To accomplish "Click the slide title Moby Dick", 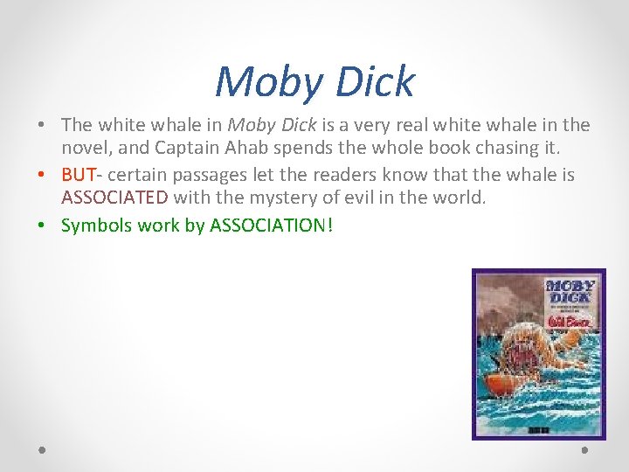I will pyautogui.click(x=314, y=82).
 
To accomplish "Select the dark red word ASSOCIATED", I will pyautogui.click(x=114, y=198).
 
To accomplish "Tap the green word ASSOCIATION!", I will pyautogui.click(x=272, y=225).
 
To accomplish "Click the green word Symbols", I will pyautogui.click(x=96, y=225).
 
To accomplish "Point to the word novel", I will pyautogui.click(x=86, y=148).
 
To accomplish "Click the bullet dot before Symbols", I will pyautogui.click(x=42, y=226).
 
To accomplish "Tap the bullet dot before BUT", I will pyautogui.click(x=42, y=176).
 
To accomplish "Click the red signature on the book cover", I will pyautogui.click(x=570, y=321).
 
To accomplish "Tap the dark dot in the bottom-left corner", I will pyautogui.click(x=42, y=450).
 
